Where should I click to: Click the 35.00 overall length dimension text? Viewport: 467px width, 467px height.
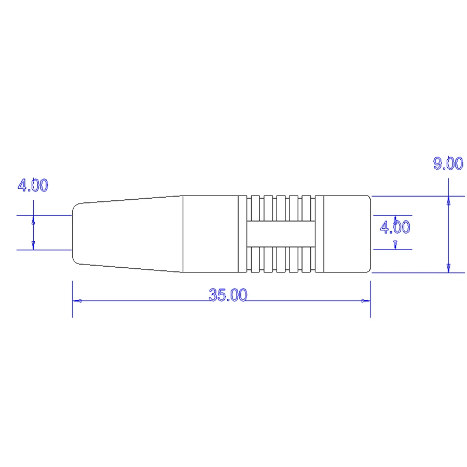[228, 295]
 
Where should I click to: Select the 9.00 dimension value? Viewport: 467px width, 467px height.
[448, 163]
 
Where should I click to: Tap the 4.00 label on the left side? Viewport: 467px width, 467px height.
[33, 185]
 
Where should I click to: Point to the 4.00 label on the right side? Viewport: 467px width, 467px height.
[395, 227]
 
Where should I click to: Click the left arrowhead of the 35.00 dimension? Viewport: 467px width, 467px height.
[77, 301]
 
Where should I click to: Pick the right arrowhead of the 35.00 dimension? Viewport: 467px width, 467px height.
[366, 301]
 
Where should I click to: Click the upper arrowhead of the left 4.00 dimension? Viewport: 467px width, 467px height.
[34, 219]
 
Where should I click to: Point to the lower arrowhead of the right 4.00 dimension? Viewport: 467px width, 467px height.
[396, 244]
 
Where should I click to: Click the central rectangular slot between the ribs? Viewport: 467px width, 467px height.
[280, 234]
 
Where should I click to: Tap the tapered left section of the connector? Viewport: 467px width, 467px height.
[127, 234]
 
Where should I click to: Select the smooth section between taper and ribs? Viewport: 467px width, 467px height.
[210, 234]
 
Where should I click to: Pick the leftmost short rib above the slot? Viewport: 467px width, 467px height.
[255, 208]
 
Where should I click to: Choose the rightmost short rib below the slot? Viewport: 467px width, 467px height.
[307, 260]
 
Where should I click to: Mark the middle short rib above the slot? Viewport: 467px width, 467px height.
[281, 208]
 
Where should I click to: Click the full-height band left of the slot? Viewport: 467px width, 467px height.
[242, 234]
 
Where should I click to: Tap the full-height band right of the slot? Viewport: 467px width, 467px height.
[319, 234]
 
